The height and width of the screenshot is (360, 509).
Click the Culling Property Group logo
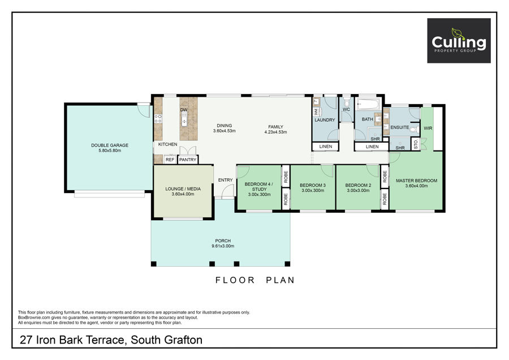[459, 41]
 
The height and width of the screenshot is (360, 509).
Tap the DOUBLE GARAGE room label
[110, 145]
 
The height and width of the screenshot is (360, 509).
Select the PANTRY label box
[188, 160]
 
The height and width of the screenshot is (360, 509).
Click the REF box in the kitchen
[170, 160]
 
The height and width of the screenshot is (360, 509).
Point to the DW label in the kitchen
[184, 110]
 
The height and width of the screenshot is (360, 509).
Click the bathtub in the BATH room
[368, 105]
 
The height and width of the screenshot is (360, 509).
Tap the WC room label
[346, 109]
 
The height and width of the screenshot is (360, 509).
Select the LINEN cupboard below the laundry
[326, 147]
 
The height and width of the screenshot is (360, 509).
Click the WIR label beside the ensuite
[428, 128]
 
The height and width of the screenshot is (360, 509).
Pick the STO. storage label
[416, 144]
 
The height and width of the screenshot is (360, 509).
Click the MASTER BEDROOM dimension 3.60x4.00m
[416, 186]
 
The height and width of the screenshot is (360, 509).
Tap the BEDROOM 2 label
[358, 185]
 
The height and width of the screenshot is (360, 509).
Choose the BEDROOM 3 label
[313, 185]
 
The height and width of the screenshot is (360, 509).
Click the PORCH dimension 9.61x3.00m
[223, 246]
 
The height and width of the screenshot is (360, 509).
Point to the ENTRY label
[225, 180]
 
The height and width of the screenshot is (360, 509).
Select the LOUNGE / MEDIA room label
[183, 188]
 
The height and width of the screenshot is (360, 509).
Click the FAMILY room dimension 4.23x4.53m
[275, 132]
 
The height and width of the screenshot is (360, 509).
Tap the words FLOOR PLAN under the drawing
[255, 280]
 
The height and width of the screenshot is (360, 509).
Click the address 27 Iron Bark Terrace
[72, 340]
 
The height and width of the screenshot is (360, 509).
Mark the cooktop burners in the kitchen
[158, 119]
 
